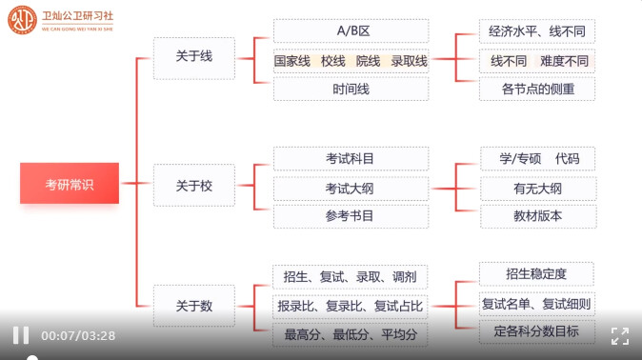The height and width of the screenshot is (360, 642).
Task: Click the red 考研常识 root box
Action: pos(70,183)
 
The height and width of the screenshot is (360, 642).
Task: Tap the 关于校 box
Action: pos(194,185)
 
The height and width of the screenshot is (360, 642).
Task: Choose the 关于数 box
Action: pos(194,306)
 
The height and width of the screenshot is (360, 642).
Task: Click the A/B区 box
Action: pos(351,30)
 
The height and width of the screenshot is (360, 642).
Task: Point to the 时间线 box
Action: pos(351,89)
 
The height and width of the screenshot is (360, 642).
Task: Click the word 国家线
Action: pos(291,61)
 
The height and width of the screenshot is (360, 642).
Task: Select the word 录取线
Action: pos(409,61)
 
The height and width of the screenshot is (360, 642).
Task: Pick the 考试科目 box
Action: pos(351,158)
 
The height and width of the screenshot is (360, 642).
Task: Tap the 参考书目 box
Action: pos(351,216)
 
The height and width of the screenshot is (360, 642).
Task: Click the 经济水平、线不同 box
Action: pos(537,31)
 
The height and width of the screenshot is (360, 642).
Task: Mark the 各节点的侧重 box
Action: pos(537,89)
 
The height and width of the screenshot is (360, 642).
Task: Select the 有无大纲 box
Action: pos(538,189)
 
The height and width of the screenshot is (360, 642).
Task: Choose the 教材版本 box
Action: pos(538,216)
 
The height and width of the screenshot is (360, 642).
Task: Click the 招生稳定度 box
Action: pos(536,273)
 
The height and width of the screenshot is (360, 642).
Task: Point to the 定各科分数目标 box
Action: pos(537,331)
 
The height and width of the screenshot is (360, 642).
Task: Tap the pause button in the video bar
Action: pos(21,335)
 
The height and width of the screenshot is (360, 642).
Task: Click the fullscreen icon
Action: pos(620,336)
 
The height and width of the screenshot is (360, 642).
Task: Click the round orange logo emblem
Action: pos(22,20)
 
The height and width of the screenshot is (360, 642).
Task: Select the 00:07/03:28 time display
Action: pos(78,336)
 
